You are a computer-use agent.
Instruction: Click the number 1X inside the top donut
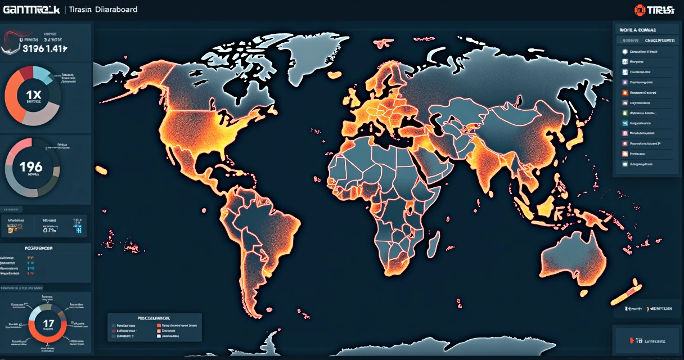[x=33, y=94]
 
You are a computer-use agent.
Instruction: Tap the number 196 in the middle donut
[x=30, y=166]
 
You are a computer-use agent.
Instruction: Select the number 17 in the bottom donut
[x=48, y=323]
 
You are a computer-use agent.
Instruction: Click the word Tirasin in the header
[x=82, y=10]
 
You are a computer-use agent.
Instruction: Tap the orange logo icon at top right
[x=639, y=10]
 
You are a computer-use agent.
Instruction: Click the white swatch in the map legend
[x=159, y=336]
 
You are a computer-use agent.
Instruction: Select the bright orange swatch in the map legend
[x=159, y=325]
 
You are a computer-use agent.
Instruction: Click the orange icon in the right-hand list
[x=624, y=92]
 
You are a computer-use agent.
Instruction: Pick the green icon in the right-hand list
[x=624, y=123]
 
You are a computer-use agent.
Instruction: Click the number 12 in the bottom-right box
[x=638, y=340]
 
